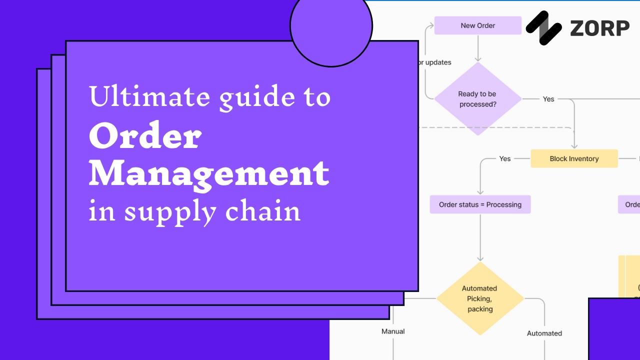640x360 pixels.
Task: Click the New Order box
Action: pyautogui.click(x=477, y=25)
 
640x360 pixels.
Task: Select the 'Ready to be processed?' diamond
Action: pyautogui.click(x=477, y=99)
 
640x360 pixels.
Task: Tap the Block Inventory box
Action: pyautogui.click(x=574, y=158)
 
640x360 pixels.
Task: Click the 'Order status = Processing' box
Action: pyautogui.click(x=480, y=204)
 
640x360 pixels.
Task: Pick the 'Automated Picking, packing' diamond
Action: pyautogui.click(x=480, y=298)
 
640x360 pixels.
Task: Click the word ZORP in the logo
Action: pyautogui.click(x=599, y=28)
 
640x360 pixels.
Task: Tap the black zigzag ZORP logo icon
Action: pyautogui.click(x=544, y=28)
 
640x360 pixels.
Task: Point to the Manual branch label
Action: pyautogui.click(x=393, y=331)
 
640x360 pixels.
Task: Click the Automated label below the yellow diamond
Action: pyautogui.click(x=544, y=333)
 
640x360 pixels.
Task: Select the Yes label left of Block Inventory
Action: pyautogui.click(x=505, y=158)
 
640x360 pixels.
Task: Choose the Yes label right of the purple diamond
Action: pyautogui.click(x=548, y=99)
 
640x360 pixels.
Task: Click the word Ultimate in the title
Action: pyautogui.click(x=148, y=96)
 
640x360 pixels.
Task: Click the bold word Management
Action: pyautogui.click(x=209, y=173)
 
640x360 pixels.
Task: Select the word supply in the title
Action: pyautogui.click(x=170, y=212)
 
